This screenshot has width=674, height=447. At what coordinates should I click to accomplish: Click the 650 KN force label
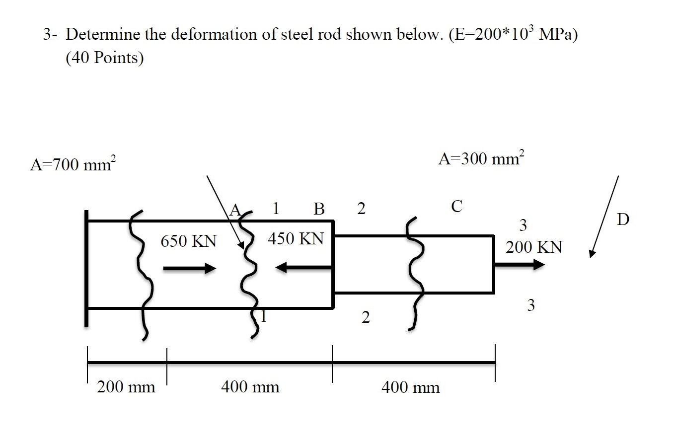point(189,241)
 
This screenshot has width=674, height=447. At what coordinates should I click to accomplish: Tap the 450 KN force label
point(296,239)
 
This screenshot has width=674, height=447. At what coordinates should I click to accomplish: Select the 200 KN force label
point(534,247)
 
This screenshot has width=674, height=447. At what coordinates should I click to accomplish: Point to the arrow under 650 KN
point(189,269)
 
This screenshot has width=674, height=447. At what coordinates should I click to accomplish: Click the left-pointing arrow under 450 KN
point(303,268)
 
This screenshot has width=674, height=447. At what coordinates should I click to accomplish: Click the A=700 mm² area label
point(73,164)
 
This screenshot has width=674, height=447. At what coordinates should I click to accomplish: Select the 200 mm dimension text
point(126,386)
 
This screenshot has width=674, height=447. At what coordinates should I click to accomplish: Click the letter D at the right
point(623,219)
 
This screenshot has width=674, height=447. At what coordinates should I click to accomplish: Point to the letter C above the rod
point(456,206)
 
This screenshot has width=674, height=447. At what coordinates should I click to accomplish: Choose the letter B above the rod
point(319,209)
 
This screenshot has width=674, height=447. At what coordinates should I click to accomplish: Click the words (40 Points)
point(104,58)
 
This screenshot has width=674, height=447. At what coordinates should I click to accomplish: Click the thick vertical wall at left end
point(86,268)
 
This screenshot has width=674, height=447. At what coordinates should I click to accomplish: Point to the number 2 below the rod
point(366,317)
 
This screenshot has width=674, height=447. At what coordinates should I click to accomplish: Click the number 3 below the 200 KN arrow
point(531,305)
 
